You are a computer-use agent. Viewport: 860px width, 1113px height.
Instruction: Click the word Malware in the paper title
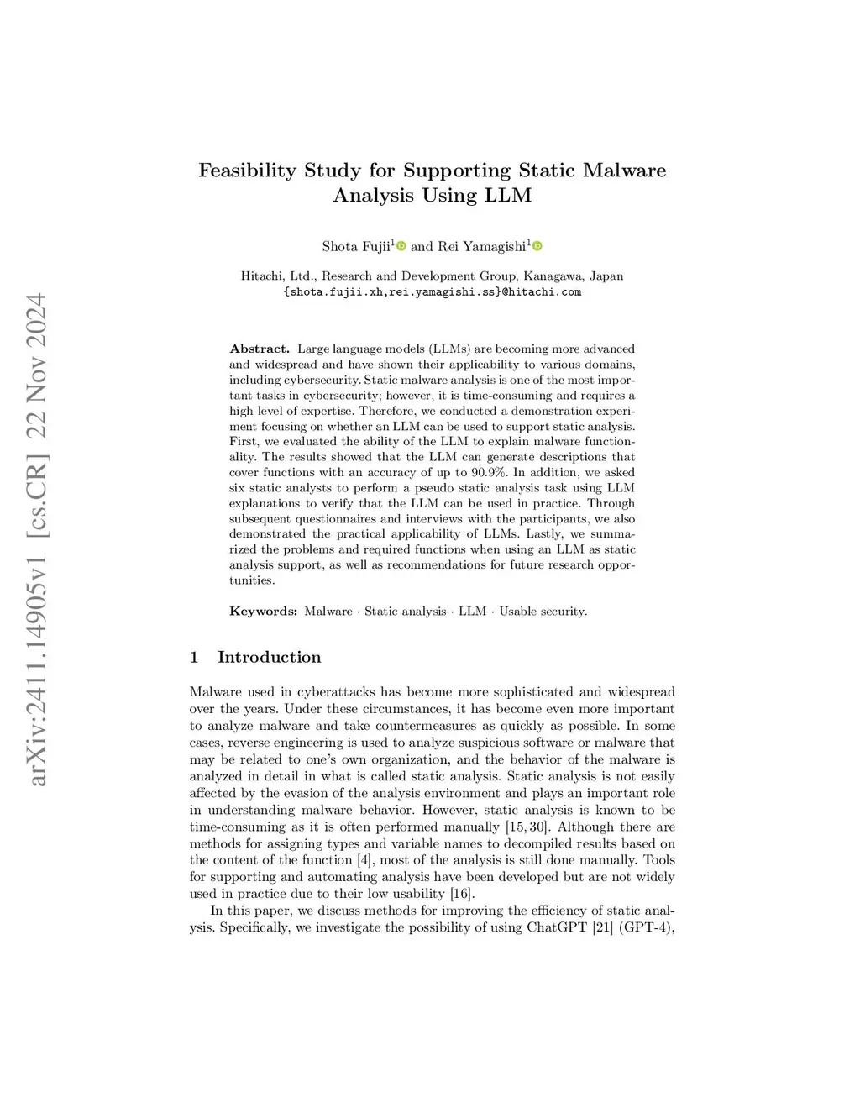coord(625,171)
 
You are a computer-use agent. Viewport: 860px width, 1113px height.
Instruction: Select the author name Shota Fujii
coord(356,246)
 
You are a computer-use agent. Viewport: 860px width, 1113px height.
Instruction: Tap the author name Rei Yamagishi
coord(482,246)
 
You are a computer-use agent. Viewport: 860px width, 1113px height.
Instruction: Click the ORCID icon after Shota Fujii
coord(401,246)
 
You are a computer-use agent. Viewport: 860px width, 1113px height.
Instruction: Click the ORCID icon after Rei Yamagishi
coord(537,246)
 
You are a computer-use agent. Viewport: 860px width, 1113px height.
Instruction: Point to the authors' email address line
coord(433,292)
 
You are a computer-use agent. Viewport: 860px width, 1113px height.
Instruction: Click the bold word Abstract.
coord(260,349)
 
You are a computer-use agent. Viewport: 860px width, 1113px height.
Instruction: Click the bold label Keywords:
coord(263,612)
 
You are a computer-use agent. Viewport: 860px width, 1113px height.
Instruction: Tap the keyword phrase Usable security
coord(543,612)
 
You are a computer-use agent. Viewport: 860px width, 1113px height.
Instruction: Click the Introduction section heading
coord(269,657)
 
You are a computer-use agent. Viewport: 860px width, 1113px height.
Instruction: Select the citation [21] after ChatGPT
coord(602,927)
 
